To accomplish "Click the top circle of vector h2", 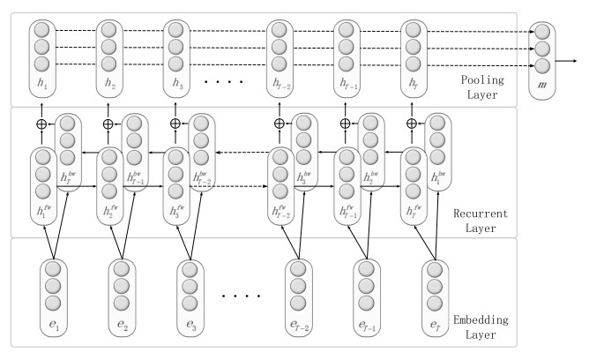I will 109,29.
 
